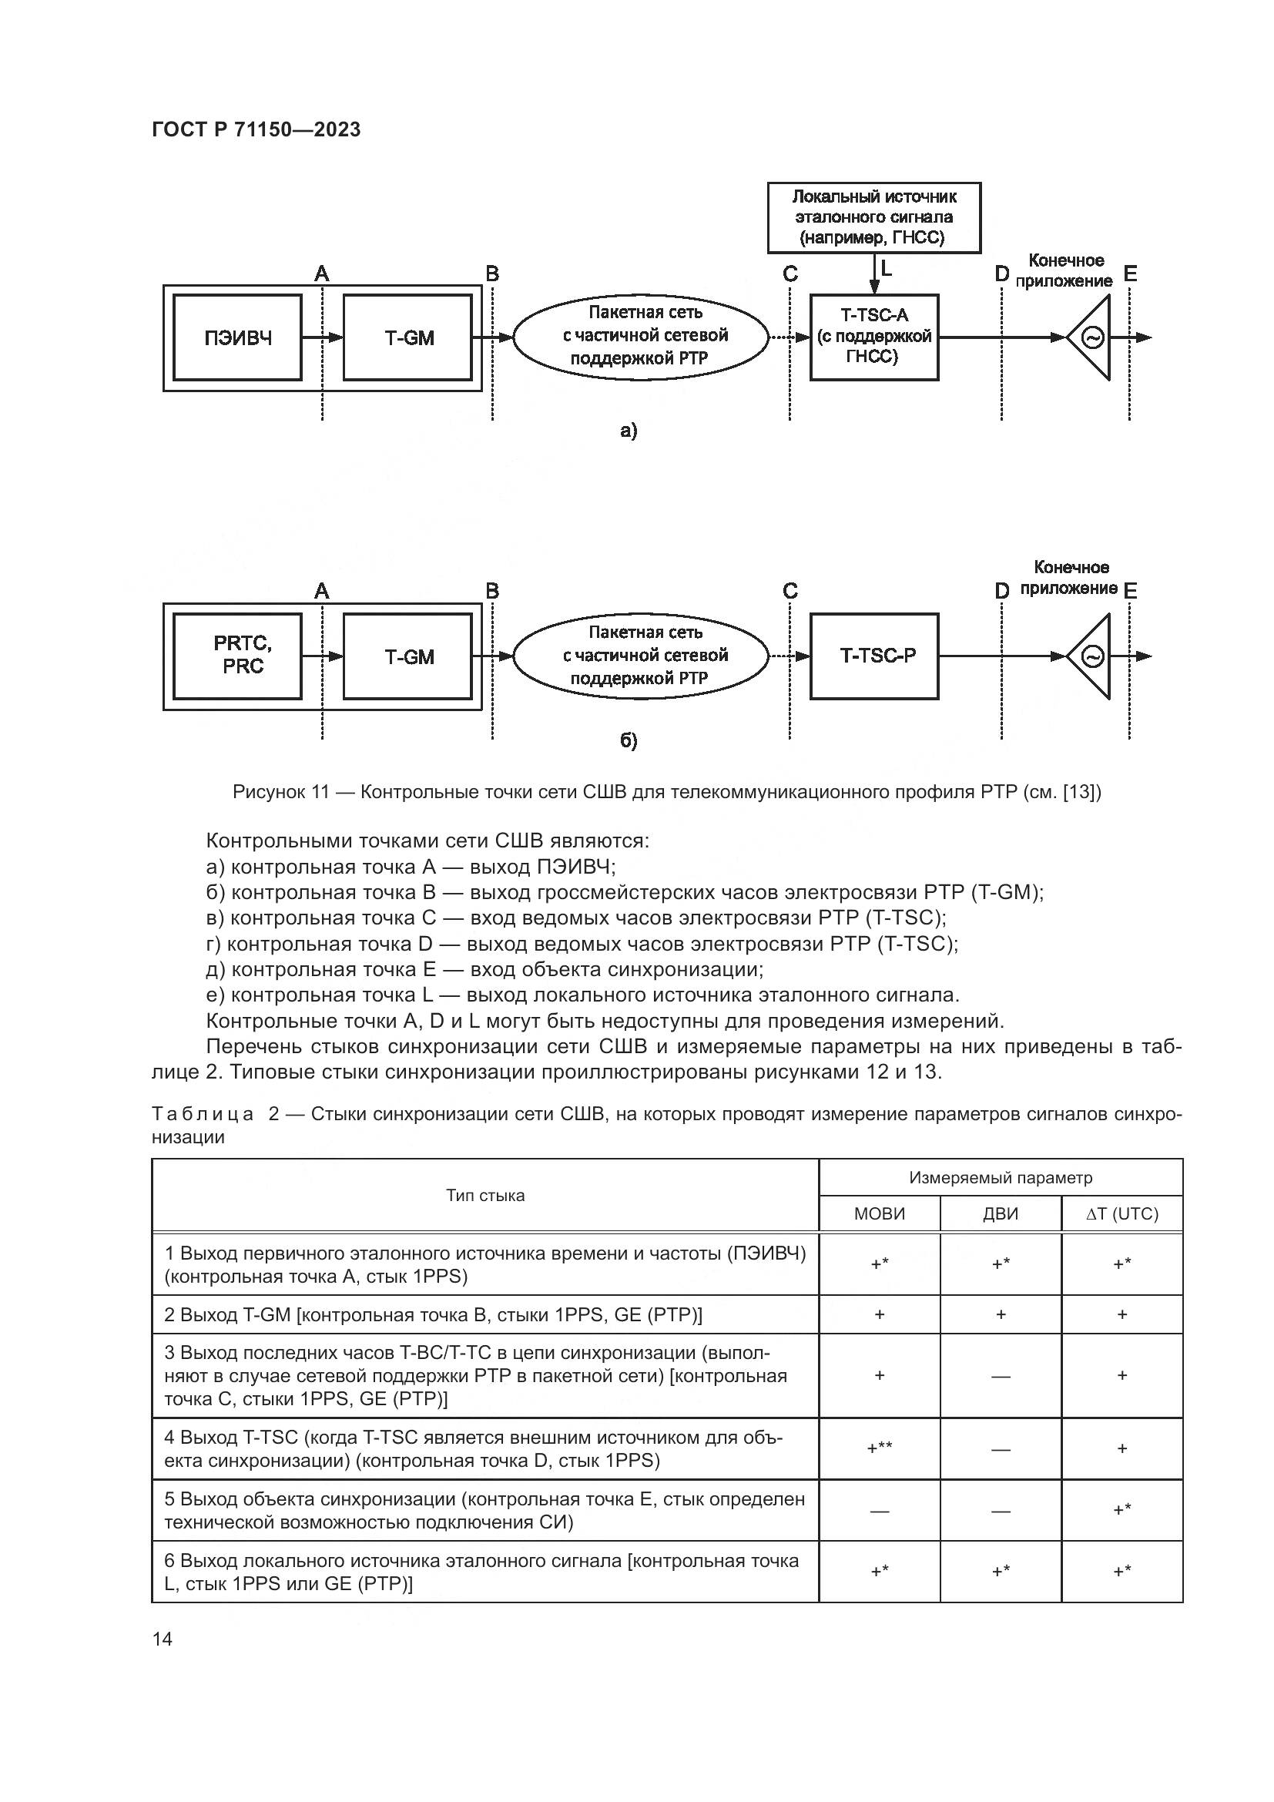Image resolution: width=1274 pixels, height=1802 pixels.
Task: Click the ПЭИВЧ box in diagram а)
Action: [x=237, y=338]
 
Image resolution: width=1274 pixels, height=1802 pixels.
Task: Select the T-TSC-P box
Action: [x=874, y=656]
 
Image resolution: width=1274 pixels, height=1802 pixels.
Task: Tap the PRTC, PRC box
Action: [x=237, y=656]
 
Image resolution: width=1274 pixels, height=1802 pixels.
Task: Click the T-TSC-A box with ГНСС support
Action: [x=874, y=337]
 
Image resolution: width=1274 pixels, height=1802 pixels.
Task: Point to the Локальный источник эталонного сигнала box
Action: [x=874, y=217]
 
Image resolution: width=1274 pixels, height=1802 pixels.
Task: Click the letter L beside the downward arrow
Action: [x=887, y=268]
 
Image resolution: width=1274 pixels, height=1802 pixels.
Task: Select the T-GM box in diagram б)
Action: [x=408, y=657]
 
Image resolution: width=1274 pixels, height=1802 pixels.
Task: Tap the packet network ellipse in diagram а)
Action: [x=641, y=336]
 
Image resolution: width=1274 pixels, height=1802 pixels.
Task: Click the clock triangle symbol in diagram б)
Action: [x=1092, y=656]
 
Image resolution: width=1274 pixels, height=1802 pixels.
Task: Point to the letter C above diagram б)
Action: [x=790, y=591]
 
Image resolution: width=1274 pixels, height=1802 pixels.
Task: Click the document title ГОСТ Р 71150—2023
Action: [x=256, y=129]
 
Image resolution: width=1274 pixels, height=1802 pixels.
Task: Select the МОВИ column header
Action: [x=880, y=1213]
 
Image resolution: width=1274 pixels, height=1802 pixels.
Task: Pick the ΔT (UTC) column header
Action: [x=1121, y=1213]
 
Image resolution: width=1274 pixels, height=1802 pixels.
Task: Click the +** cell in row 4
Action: [x=880, y=1448]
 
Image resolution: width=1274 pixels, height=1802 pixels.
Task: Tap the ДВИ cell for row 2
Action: [x=1001, y=1314]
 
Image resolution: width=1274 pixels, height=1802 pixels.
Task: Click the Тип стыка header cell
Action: [x=484, y=1196]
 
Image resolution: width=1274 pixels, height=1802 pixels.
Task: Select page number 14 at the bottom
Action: [x=163, y=1639]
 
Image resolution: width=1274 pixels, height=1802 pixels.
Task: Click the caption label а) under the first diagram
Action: [x=629, y=430]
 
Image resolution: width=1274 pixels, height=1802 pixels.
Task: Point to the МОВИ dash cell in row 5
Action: [x=880, y=1511]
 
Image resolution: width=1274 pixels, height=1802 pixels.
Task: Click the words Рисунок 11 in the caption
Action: [x=280, y=792]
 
